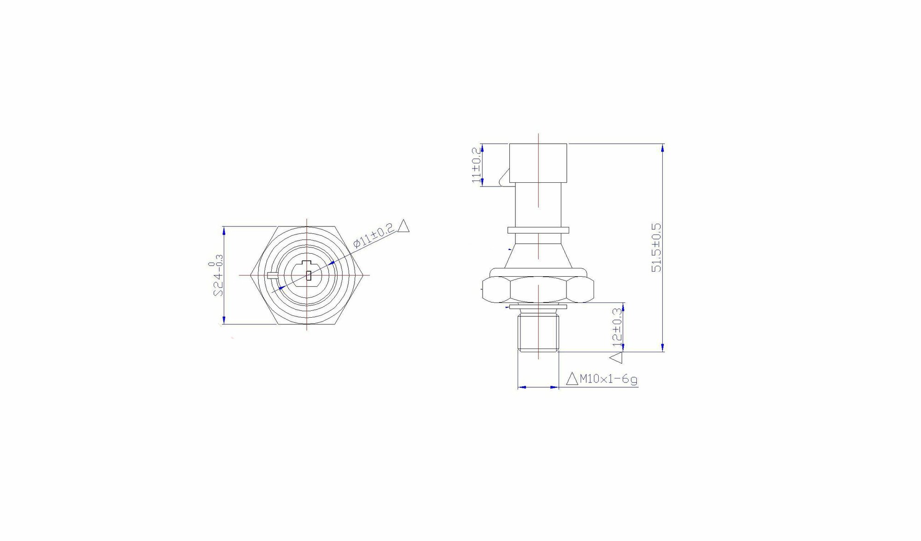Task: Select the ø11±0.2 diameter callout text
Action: (x=373, y=236)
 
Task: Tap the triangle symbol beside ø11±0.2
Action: (x=403, y=226)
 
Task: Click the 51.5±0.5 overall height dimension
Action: (x=656, y=247)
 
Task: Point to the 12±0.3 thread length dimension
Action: (x=617, y=331)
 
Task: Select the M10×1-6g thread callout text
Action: (x=609, y=379)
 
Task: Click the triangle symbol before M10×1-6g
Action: (x=572, y=378)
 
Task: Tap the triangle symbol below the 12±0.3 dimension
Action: (x=616, y=358)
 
